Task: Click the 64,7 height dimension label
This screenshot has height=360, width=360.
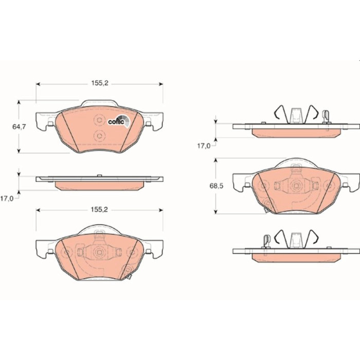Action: click(19, 127)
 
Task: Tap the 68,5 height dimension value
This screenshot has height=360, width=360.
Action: click(217, 186)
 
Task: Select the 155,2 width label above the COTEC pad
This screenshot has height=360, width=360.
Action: click(100, 83)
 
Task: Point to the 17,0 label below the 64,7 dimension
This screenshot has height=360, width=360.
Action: click(7, 199)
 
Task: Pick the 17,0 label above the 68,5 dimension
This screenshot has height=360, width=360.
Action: click(204, 146)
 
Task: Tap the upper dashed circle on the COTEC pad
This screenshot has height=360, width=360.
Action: click(99, 120)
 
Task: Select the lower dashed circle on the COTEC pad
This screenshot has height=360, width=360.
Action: click(99, 136)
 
